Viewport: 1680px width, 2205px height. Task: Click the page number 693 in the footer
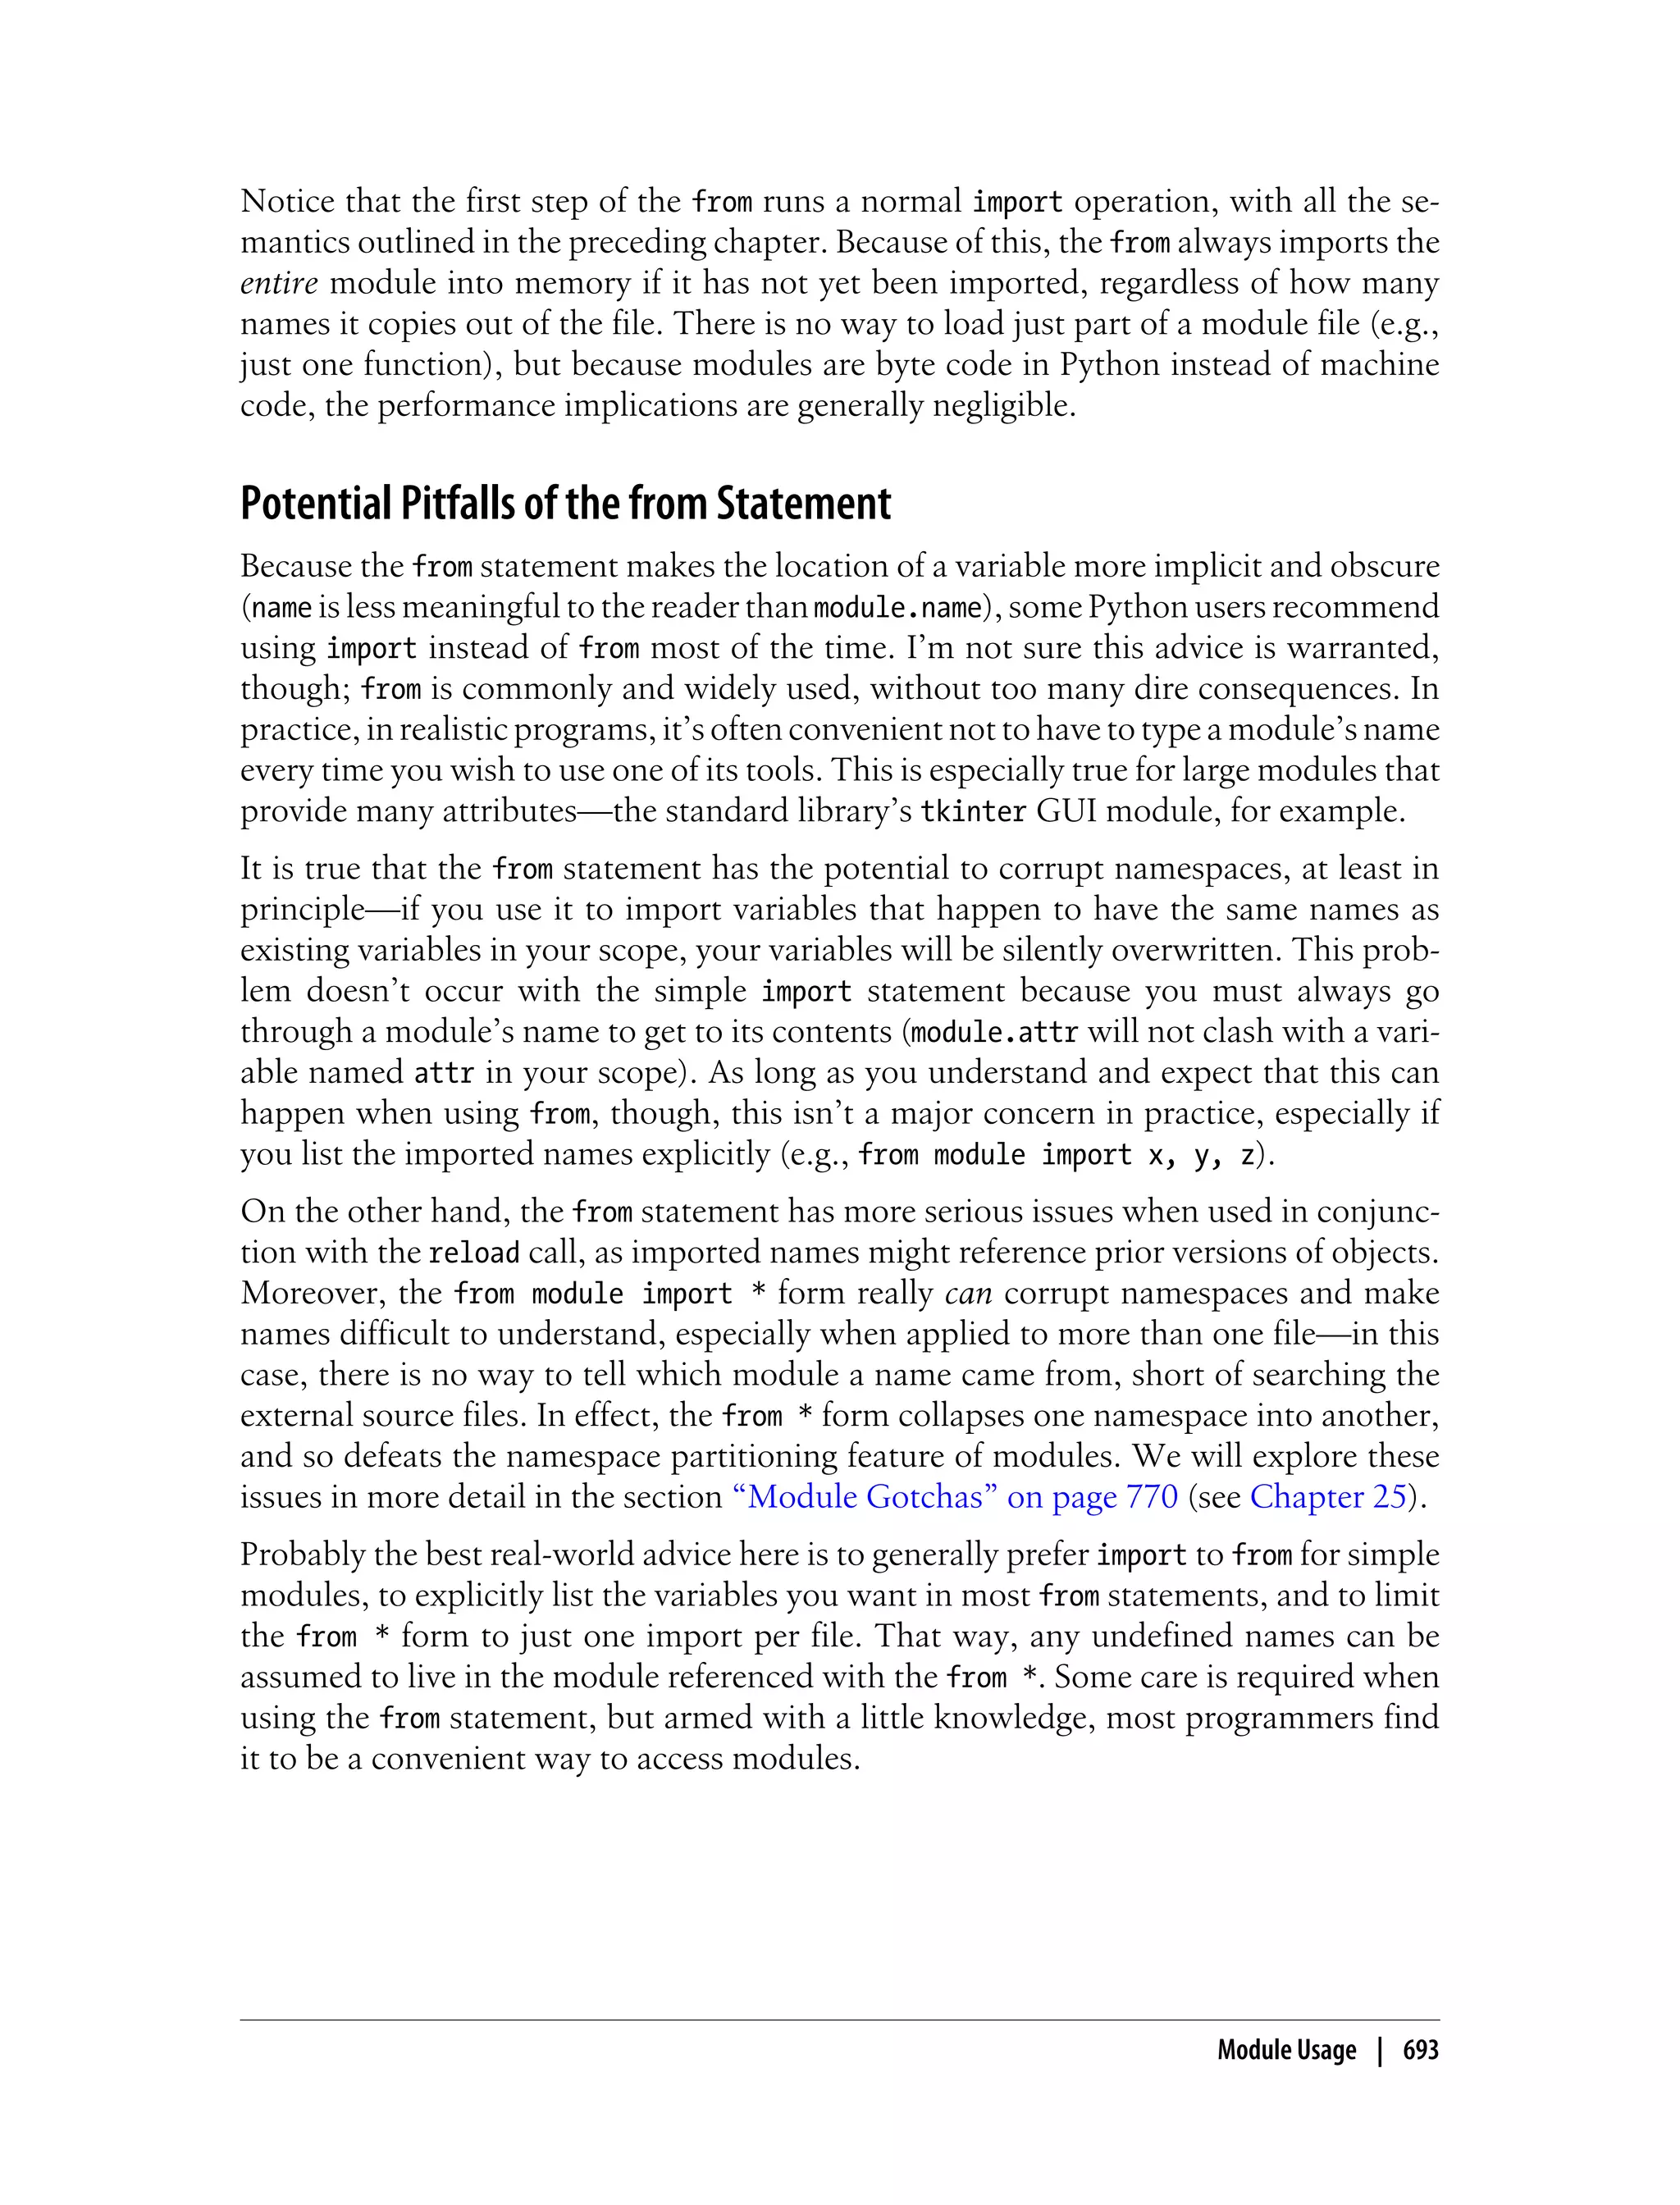tap(1419, 2049)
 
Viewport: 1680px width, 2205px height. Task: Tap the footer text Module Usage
tap(1286, 2049)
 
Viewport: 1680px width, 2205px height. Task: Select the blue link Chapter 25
tap(1328, 1496)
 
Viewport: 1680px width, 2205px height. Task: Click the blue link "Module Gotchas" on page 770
tap(955, 1496)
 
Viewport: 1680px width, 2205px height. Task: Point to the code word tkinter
tap(973, 811)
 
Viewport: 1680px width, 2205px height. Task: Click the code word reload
tap(474, 1253)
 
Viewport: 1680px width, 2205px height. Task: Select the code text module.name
tap(897, 607)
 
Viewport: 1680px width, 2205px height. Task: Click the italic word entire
tap(279, 284)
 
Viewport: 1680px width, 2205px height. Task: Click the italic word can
tap(968, 1293)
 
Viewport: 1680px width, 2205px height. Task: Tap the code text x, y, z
tap(1202, 1155)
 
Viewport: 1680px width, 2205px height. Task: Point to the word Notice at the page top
tap(287, 202)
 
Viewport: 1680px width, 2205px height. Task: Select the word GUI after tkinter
tap(1066, 811)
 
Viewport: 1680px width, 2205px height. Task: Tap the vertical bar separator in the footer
tap(1380, 2049)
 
